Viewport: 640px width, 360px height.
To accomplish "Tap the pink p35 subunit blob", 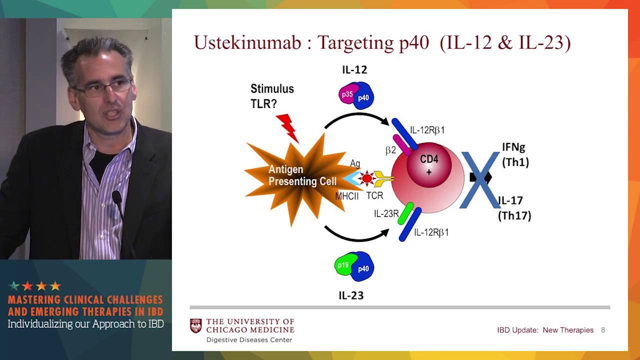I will tap(347, 94).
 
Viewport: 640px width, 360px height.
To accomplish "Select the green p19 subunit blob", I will tap(344, 265).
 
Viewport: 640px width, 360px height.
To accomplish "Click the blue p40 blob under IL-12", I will tap(363, 97).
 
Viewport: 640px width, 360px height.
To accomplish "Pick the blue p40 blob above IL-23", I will tap(363, 269).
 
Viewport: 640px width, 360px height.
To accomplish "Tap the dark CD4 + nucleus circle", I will tap(428, 165).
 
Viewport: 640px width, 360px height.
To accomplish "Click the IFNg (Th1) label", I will tap(515, 155).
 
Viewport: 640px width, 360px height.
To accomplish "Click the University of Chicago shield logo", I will tap(196, 326).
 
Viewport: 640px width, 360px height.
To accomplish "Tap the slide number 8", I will tap(603, 330).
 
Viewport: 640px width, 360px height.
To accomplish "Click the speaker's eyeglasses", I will tap(102, 88).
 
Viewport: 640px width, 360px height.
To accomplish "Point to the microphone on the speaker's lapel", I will tap(116, 196).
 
